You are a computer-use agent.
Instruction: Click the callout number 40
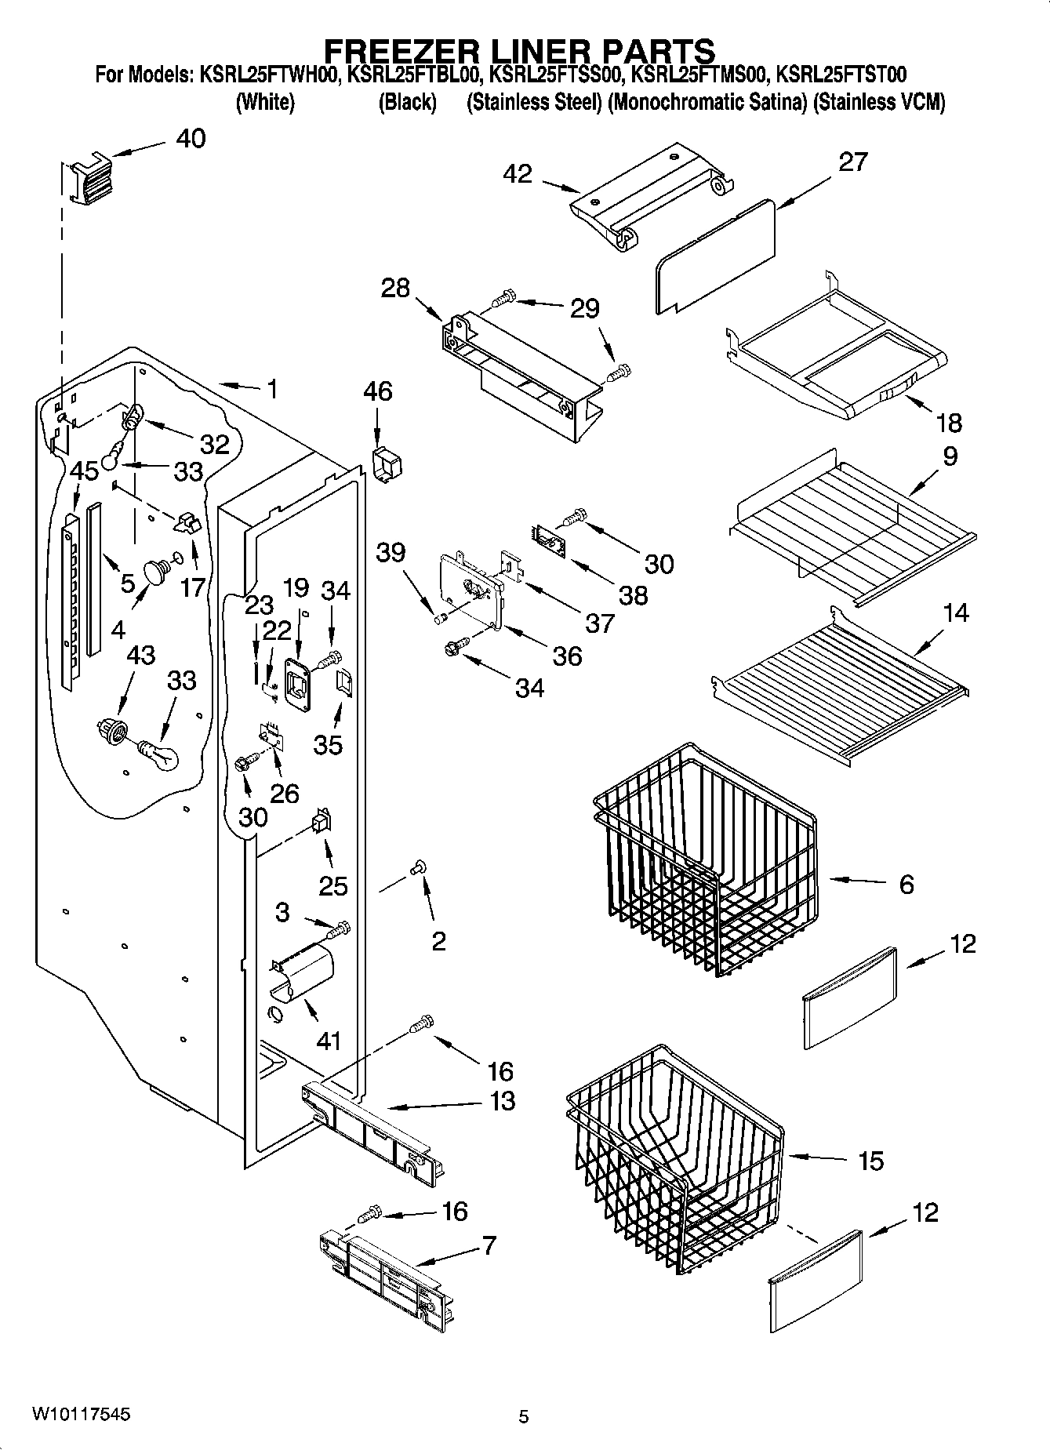(x=191, y=139)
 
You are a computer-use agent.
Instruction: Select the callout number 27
(x=853, y=162)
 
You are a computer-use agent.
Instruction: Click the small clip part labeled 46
(x=387, y=466)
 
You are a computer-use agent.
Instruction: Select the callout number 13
(x=502, y=1100)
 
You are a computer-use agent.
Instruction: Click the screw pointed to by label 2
(x=417, y=867)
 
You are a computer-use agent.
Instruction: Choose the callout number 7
(x=489, y=1245)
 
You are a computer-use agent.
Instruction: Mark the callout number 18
(x=949, y=423)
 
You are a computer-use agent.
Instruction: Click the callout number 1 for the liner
(x=272, y=389)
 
